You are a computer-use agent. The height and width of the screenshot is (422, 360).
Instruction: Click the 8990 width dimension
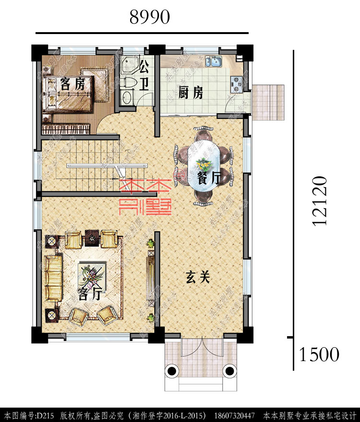tap(149, 17)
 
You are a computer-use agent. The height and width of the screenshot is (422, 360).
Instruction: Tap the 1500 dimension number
tap(319, 355)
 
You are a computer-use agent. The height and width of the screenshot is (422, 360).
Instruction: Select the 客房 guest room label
tap(73, 84)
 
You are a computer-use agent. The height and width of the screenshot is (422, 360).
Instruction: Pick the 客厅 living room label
tap(89, 294)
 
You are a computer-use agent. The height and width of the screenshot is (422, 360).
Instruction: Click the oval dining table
tap(204, 165)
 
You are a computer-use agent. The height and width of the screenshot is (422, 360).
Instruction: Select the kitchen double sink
tap(213, 61)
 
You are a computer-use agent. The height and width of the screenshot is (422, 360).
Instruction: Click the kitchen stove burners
tap(236, 85)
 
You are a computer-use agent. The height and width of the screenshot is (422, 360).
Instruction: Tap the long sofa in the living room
tap(53, 278)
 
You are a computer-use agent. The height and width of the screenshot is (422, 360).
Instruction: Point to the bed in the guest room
tap(67, 94)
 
